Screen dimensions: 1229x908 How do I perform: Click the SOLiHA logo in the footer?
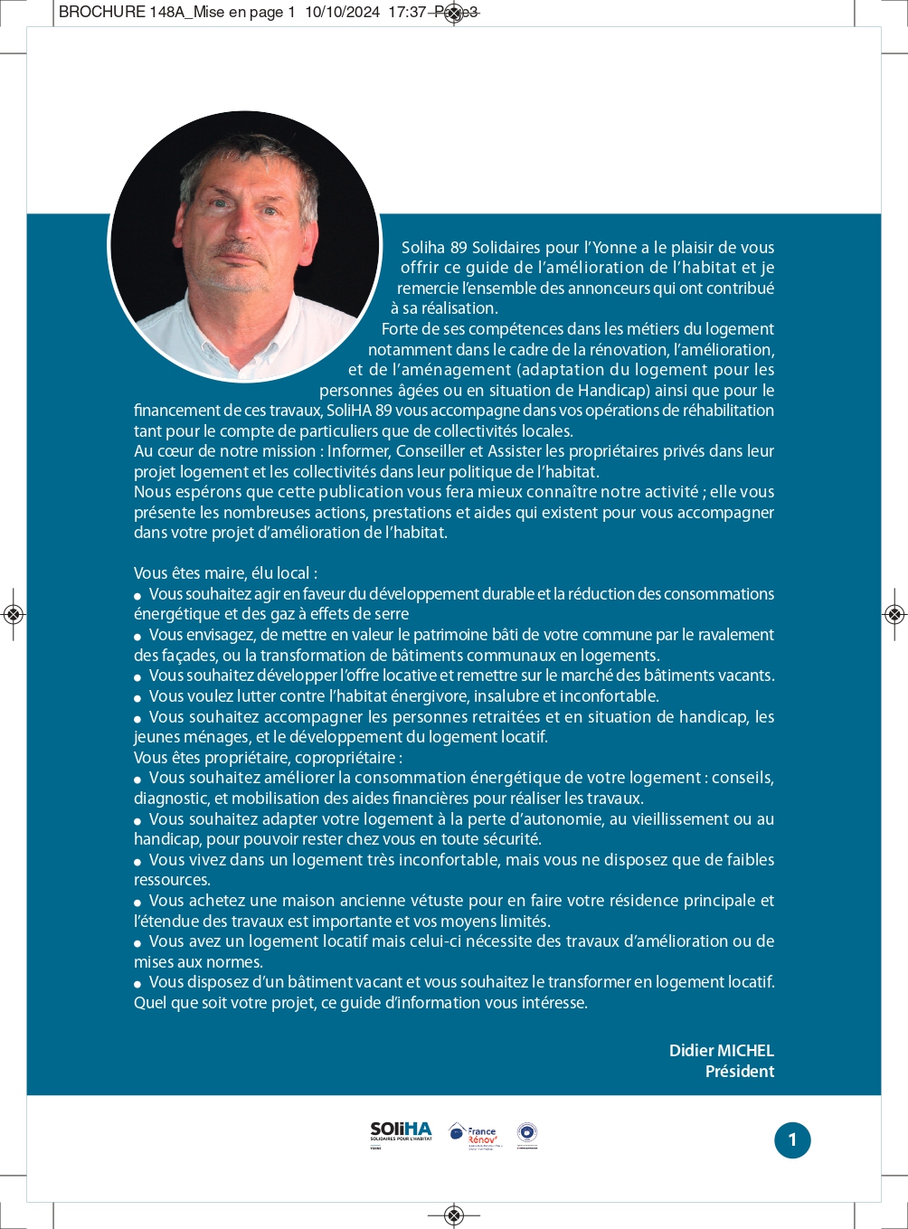[x=401, y=1132]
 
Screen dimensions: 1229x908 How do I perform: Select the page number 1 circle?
[x=792, y=1140]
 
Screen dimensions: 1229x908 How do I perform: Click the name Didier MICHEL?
[x=721, y=1051]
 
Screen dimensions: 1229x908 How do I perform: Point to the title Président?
[x=739, y=1072]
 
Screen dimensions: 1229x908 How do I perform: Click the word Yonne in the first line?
[x=615, y=248]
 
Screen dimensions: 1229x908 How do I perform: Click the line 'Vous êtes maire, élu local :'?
[x=225, y=573]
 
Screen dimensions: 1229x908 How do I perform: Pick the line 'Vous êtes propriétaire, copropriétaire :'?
[x=268, y=758]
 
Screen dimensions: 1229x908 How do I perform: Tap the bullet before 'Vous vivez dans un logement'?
[x=138, y=862]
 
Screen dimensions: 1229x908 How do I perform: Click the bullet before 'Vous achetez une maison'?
[x=138, y=903]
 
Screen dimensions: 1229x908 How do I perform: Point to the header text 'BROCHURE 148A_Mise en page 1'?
[x=177, y=13]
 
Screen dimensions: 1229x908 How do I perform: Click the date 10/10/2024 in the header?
[x=342, y=13]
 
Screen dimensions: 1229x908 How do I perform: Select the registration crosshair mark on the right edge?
[x=894, y=615]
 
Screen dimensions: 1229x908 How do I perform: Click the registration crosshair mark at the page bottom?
[x=454, y=1215]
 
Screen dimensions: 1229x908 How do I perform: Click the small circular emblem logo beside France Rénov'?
[x=526, y=1133]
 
